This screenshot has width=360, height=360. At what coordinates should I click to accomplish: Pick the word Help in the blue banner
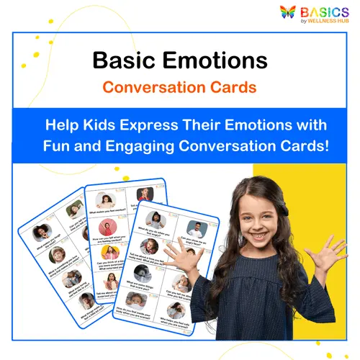coord(63,123)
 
